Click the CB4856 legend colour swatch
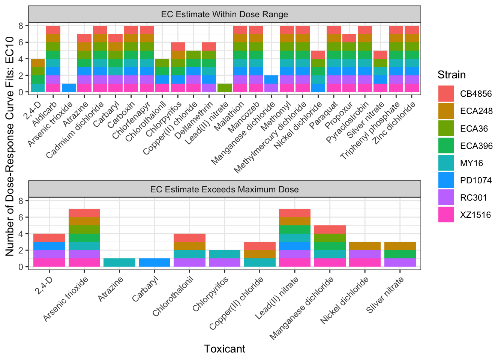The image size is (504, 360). (x=446, y=94)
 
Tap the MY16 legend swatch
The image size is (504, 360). (x=446, y=163)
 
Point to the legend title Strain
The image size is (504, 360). (x=451, y=75)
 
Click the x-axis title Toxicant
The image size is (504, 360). (x=224, y=349)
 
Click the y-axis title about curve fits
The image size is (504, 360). (x=10, y=146)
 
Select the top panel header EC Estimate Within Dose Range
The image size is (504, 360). (x=224, y=15)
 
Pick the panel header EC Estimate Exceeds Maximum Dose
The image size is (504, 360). (x=224, y=189)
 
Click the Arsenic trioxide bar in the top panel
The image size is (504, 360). (x=69, y=88)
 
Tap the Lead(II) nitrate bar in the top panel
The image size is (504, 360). (x=224, y=88)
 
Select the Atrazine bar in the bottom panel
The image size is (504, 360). (x=119, y=262)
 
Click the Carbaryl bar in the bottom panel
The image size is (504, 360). (x=154, y=262)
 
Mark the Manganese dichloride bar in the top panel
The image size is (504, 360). (x=271, y=84)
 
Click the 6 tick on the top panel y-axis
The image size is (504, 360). (x=21, y=42)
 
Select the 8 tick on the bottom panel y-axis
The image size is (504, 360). (x=21, y=201)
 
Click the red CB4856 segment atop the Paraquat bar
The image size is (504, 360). (x=333, y=30)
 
